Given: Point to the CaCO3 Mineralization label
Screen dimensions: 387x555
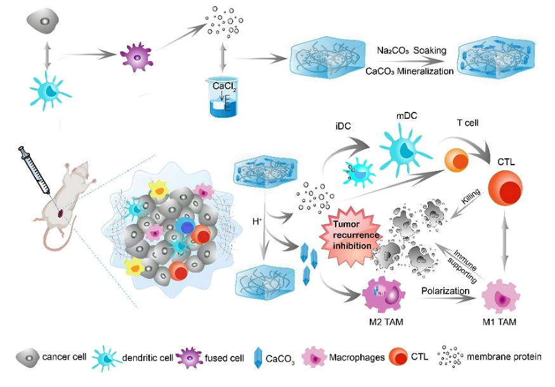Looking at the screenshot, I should click(410, 71).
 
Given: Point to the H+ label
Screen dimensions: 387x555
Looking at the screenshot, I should click(257, 222).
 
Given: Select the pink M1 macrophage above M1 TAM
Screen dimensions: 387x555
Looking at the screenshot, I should click(497, 296).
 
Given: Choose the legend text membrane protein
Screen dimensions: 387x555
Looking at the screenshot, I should click(505, 357).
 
